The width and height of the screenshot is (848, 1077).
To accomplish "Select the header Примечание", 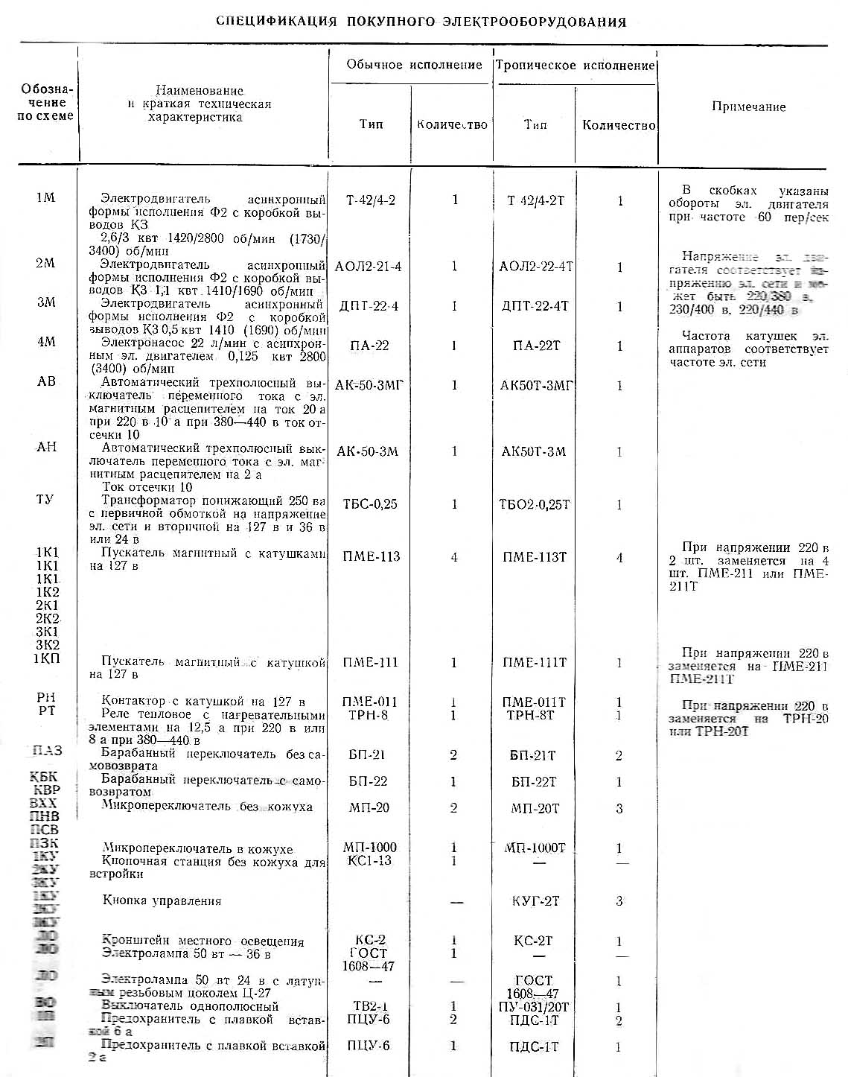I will [748, 107].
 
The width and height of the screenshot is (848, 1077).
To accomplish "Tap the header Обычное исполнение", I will [414, 66].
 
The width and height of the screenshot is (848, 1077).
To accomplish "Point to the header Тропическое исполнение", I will [575, 66].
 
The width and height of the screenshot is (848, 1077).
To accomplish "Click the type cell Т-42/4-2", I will [371, 200].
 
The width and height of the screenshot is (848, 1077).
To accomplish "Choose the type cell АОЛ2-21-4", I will [368, 267].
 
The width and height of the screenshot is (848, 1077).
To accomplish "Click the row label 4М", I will [45, 342].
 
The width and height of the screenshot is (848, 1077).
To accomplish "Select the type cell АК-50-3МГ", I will [369, 385].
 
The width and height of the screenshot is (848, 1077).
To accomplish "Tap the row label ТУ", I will [45, 499].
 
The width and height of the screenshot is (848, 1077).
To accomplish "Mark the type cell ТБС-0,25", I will [370, 504].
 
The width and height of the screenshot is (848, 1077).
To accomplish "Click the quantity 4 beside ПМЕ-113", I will [454, 557].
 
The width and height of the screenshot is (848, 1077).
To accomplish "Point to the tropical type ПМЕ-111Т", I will [535, 662].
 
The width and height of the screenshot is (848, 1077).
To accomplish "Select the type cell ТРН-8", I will [368, 715].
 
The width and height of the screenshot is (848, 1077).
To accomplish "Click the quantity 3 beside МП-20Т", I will [619, 808].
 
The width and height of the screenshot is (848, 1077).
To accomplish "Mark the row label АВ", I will [46, 381].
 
